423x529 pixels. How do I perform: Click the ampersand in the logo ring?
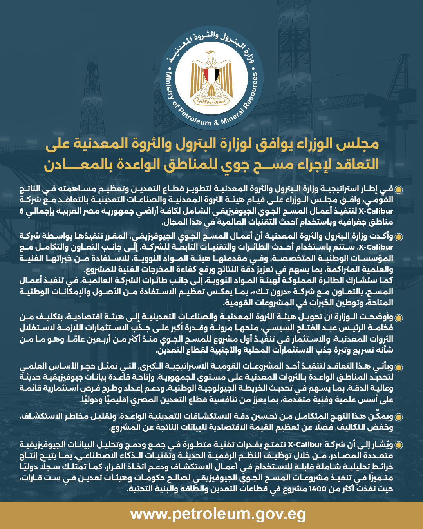(x=216, y=123)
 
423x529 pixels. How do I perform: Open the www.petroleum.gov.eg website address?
(x=218, y=514)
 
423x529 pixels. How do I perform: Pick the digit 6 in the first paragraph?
(x=22, y=211)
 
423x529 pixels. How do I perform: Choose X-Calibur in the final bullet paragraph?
(x=305, y=445)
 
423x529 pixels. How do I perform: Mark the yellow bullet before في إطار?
(x=399, y=190)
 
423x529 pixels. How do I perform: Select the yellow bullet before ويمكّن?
(x=399, y=417)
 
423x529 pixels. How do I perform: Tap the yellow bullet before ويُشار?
(x=399, y=445)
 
